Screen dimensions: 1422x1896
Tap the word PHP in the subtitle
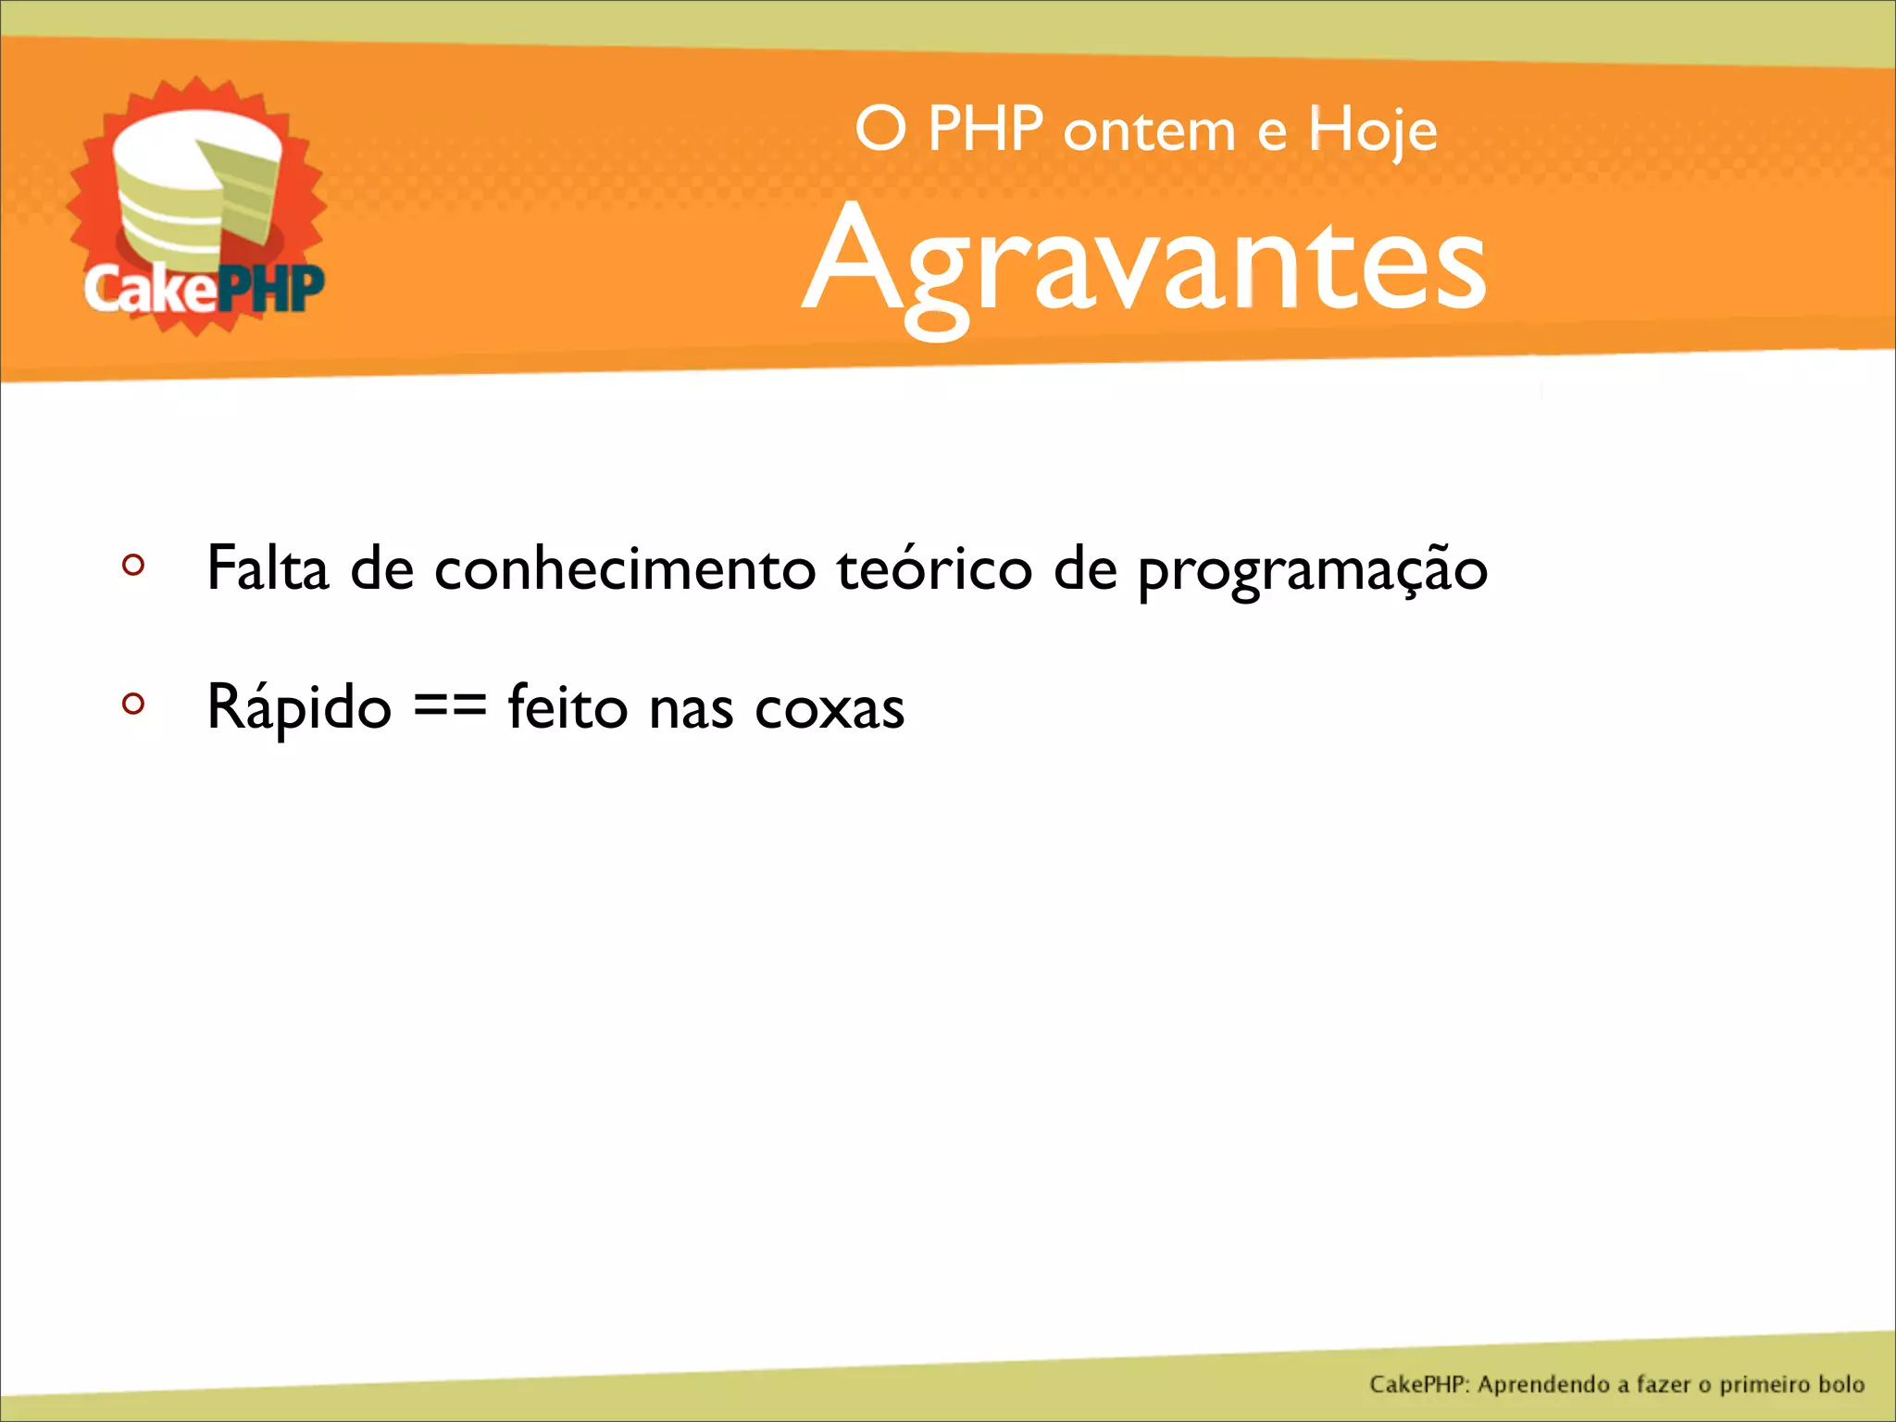(x=985, y=130)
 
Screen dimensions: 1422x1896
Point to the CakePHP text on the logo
(x=204, y=289)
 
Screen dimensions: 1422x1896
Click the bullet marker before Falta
(x=133, y=565)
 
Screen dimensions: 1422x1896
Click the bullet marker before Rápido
(x=133, y=705)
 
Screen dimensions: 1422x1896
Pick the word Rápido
(x=299, y=707)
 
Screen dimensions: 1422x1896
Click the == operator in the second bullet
(x=450, y=707)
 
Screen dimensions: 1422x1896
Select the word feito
(x=568, y=707)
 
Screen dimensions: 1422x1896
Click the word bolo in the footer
(x=1840, y=1385)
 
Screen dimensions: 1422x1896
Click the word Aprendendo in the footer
(x=1543, y=1385)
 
